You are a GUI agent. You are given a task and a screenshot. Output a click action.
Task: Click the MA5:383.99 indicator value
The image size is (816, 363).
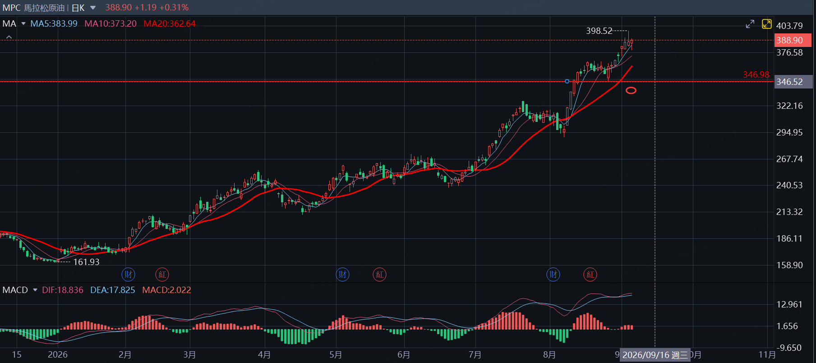(x=54, y=23)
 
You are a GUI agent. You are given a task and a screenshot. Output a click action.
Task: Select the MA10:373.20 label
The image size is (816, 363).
(x=111, y=23)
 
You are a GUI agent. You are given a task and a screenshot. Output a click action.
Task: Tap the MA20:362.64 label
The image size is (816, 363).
(x=170, y=23)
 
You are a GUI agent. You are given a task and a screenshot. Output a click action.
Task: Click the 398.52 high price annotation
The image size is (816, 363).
(x=599, y=31)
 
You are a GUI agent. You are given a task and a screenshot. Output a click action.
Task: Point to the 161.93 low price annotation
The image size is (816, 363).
(x=86, y=262)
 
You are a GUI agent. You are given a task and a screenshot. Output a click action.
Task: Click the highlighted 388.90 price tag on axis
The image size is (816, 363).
(x=793, y=40)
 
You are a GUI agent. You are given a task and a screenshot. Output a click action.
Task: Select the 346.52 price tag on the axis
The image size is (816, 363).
(x=793, y=82)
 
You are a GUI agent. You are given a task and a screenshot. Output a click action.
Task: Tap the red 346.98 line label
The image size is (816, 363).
(x=756, y=74)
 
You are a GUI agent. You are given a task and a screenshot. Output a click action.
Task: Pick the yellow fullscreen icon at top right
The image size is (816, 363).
(x=766, y=24)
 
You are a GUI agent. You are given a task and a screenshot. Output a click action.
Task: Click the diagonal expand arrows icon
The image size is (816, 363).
(x=750, y=24)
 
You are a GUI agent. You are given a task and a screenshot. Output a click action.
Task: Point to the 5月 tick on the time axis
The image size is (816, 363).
(x=336, y=355)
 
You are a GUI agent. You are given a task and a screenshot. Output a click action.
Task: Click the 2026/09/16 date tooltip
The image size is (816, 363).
(x=655, y=355)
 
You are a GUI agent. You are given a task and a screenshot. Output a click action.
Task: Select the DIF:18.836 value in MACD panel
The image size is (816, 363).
(x=63, y=290)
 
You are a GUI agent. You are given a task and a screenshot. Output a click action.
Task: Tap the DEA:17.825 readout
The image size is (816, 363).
(x=113, y=290)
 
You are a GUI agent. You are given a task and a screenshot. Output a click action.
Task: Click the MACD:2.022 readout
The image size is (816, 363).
(x=166, y=290)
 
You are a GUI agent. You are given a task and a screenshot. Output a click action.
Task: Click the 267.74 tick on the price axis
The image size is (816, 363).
(x=789, y=159)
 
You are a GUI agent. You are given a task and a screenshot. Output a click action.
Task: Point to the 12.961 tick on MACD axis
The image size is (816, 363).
(x=789, y=304)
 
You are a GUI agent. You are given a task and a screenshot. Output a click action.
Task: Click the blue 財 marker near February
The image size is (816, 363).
(x=129, y=274)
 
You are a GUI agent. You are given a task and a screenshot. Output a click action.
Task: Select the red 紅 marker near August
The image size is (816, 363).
(x=590, y=274)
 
